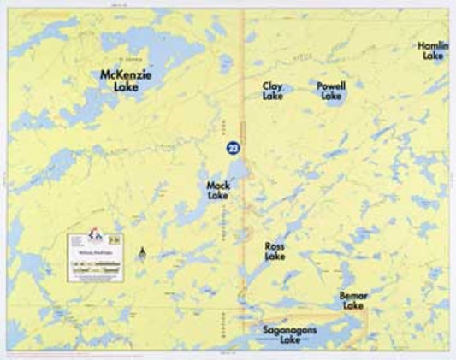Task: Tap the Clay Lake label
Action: coord(273,91)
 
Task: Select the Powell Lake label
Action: coord(330,91)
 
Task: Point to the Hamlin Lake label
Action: coord(432,50)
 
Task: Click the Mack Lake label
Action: coord(217,190)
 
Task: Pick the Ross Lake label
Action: coord(275,251)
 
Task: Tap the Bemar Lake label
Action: coord(353,299)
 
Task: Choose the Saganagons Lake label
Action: coord(291,334)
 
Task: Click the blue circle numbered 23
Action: coord(232,148)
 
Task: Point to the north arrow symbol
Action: coord(143,252)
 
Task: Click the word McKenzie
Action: coord(126,74)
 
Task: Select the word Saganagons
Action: coord(291,329)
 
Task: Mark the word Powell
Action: coord(330,86)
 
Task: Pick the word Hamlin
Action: coord(432,45)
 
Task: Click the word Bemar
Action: coord(353,294)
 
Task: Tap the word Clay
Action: coord(273,86)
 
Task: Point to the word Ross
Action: coord(275,245)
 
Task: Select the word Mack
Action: coord(217,185)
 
